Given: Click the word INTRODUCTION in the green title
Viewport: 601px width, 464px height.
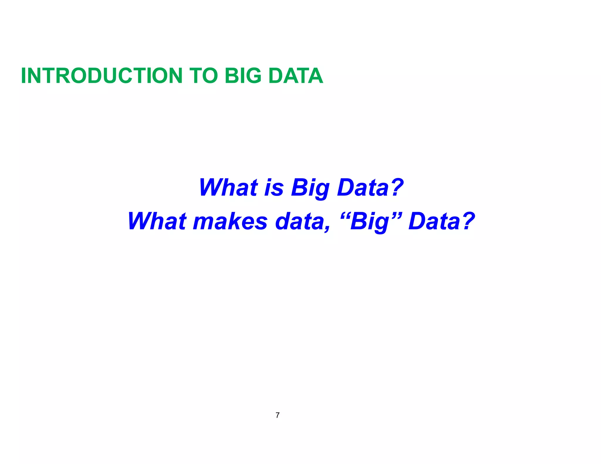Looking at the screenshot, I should [x=102, y=76].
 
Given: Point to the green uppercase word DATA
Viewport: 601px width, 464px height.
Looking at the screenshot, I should [x=296, y=76].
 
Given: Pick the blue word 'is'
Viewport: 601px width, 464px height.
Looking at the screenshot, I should [x=274, y=188].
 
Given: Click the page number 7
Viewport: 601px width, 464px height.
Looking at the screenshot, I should [x=278, y=415].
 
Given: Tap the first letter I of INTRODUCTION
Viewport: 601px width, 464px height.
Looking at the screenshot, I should [x=24, y=76].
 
